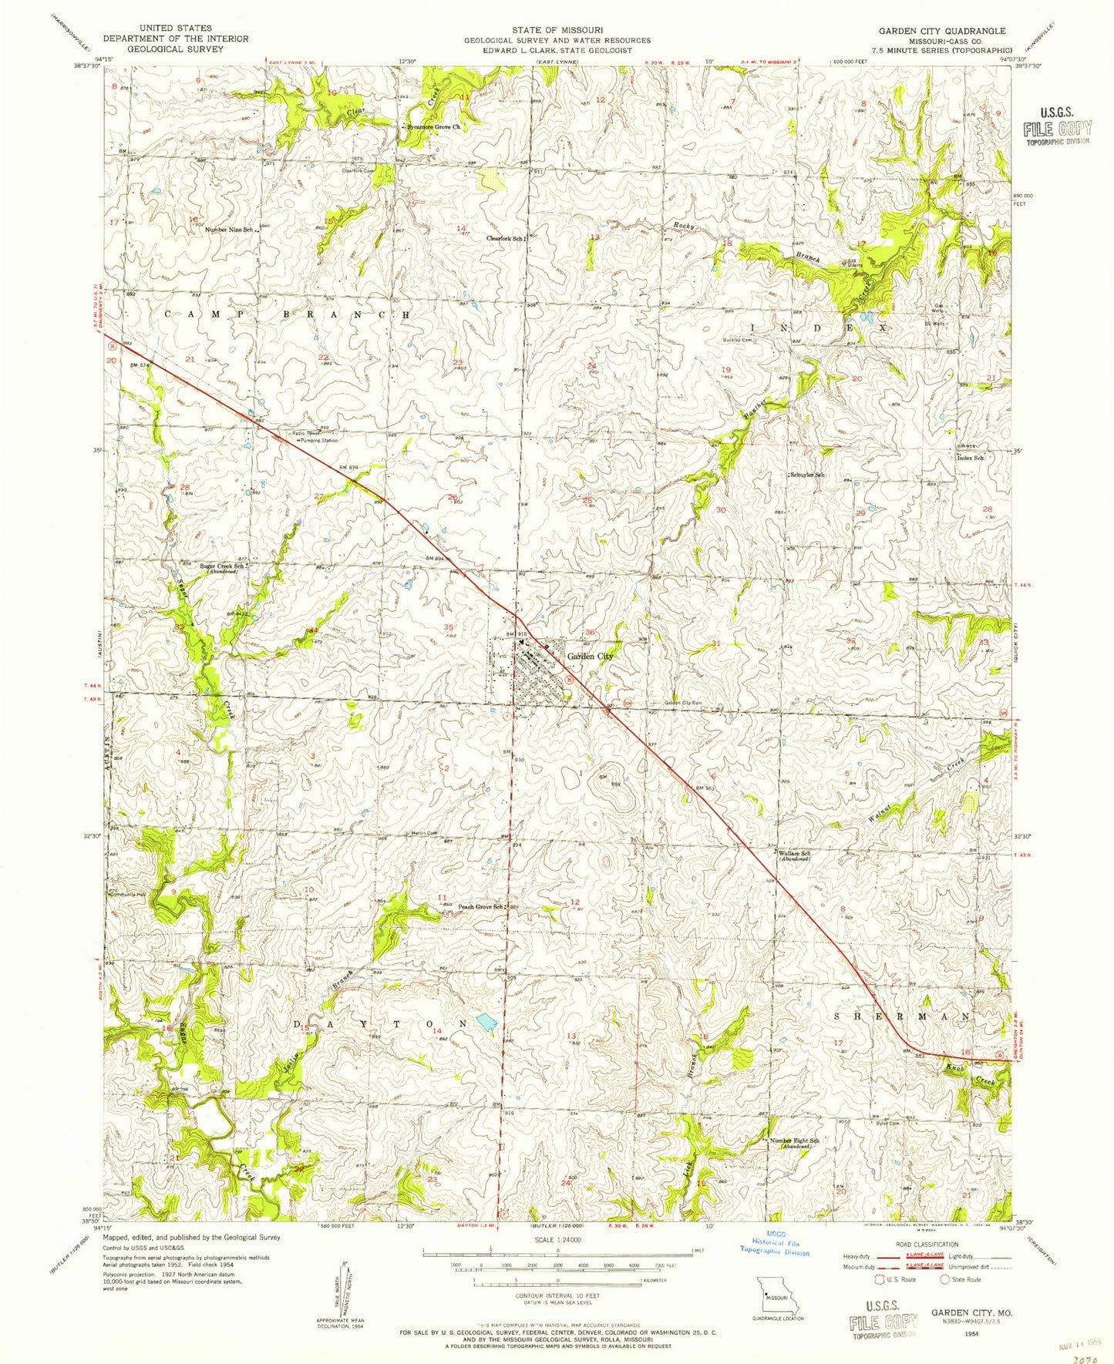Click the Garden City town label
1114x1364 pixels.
pyautogui.click(x=591, y=656)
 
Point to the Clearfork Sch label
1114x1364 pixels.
pyautogui.click(x=505, y=238)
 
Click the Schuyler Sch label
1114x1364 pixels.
pyautogui.click(x=807, y=475)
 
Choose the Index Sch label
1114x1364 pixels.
pyautogui.click(x=970, y=458)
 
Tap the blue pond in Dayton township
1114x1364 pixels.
pyautogui.click(x=486, y=1024)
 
